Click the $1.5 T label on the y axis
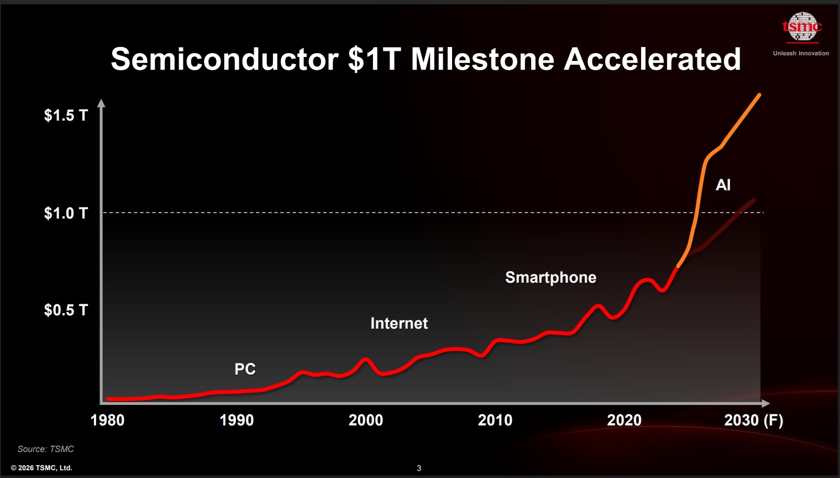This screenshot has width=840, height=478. [66, 115]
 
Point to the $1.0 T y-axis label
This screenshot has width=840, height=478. [66, 213]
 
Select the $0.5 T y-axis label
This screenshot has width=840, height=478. [66, 310]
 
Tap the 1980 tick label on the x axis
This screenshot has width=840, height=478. [107, 420]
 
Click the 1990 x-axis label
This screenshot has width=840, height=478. [237, 420]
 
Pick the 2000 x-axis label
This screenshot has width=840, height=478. [366, 420]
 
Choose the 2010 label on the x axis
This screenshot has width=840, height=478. [495, 420]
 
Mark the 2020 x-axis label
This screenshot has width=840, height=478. [624, 420]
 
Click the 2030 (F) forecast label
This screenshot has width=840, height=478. [754, 420]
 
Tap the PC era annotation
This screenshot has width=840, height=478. [245, 369]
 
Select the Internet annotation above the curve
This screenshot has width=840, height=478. [399, 323]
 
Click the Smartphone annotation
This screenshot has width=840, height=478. [550, 277]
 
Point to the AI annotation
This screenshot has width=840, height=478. [723, 185]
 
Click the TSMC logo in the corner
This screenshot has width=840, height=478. [802, 27]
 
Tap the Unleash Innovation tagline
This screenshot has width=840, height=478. [801, 53]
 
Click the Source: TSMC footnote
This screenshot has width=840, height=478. [45, 449]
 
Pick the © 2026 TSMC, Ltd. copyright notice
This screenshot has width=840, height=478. [41, 467]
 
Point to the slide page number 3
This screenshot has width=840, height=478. [419, 468]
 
